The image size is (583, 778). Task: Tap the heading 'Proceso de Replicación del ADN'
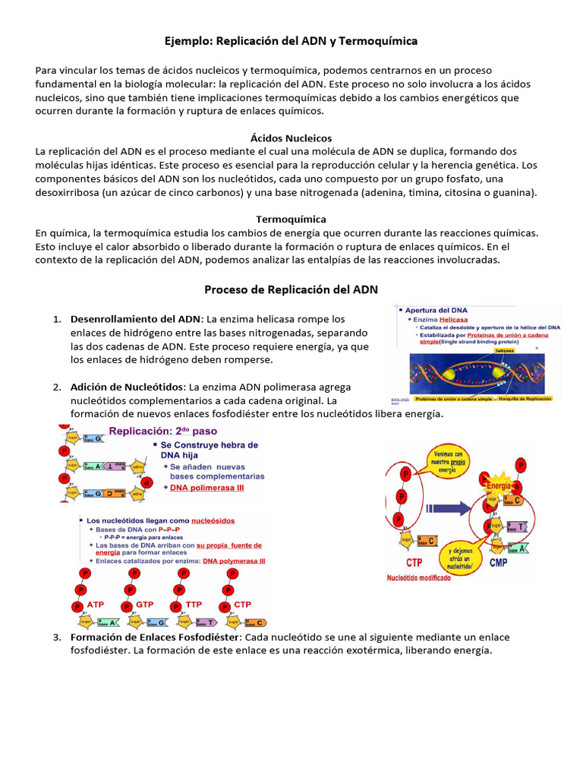click(x=291, y=289)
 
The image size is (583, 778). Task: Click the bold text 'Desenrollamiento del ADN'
click(x=136, y=318)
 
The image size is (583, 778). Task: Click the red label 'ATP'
click(x=96, y=604)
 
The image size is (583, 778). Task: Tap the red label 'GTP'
click(x=145, y=604)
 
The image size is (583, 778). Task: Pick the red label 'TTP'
click(x=194, y=604)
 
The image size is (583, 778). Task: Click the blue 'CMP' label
click(x=498, y=562)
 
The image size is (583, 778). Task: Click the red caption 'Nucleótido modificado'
click(x=419, y=577)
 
